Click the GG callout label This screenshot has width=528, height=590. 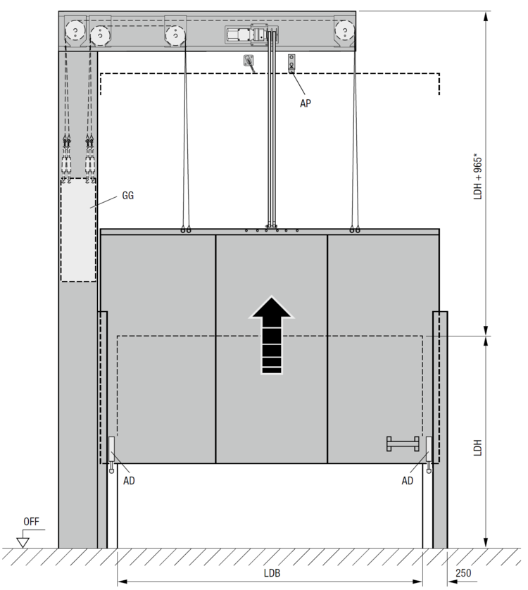128,196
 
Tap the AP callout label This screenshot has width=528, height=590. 306,103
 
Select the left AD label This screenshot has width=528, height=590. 129,480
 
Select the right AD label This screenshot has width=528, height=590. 407,480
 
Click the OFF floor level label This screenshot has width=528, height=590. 31,522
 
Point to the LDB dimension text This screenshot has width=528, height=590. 272,573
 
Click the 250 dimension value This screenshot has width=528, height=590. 463,573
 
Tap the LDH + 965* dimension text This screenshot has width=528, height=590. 477,176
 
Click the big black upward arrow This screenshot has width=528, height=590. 271,335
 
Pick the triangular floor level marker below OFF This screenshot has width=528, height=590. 23,543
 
